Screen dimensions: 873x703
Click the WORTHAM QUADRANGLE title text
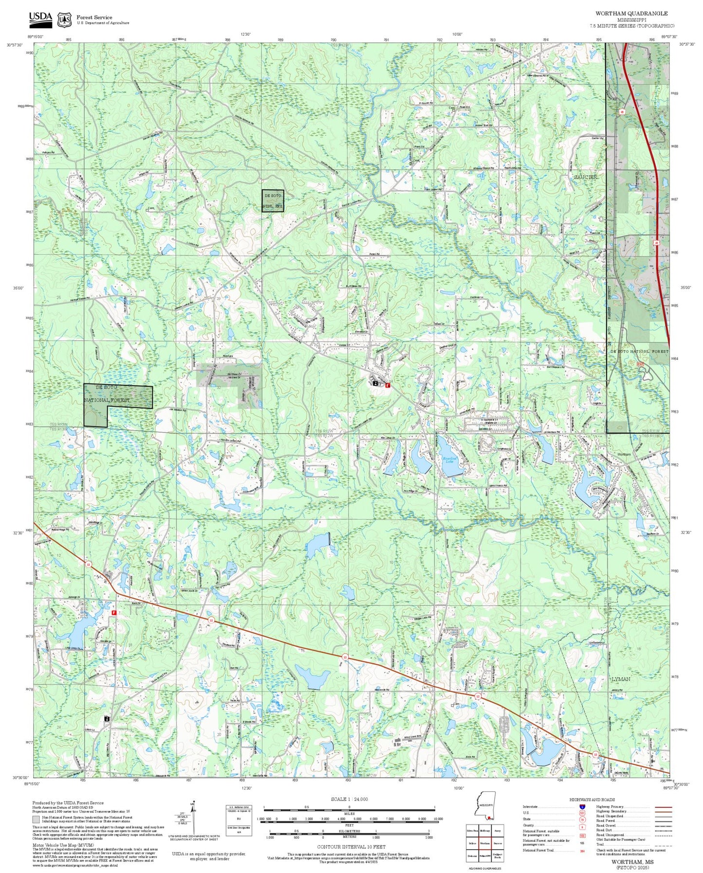pyautogui.click(x=631, y=14)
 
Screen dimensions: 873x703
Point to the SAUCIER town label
pyautogui.click(x=585, y=177)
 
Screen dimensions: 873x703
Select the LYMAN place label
pyautogui.click(x=620, y=679)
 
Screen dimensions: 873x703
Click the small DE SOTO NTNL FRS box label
pyautogui.click(x=272, y=201)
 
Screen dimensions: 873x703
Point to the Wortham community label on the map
pyautogui.click(x=624, y=455)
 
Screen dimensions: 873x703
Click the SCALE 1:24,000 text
pyautogui.click(x=349, y=799)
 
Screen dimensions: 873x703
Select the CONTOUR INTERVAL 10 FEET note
pyautogui.click(x=351, y=847)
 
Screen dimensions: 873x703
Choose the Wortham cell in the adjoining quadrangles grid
pyautogui.click(x=485, y=843)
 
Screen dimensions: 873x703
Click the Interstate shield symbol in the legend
pyautogui.click(x=582, y=806)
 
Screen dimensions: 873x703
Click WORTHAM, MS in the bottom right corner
pyautogui.click(x=632, y=862)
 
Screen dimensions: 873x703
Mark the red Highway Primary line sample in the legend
pyautogui.click(x=663, y=806)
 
